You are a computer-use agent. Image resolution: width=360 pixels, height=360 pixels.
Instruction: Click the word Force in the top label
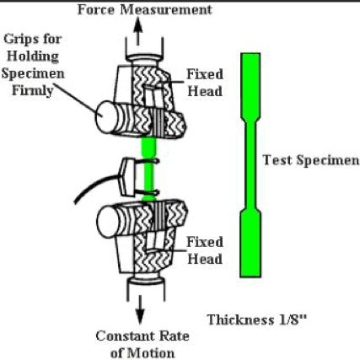pos(96,9)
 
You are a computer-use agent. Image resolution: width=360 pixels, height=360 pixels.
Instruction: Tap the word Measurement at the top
pos(166,9)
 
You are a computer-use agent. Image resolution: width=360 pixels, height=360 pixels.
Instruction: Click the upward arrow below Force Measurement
pos(137,31)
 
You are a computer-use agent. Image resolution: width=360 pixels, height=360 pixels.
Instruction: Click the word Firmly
pos(33,91)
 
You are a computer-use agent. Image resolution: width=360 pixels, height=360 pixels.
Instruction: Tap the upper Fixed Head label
pos(205,83)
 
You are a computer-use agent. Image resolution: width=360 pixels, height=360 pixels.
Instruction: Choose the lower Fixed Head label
pos(205,250)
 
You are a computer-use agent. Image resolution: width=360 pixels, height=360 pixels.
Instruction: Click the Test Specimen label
pos(311,160)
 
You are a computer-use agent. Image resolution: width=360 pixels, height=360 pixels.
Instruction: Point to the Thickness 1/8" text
pos(257,320)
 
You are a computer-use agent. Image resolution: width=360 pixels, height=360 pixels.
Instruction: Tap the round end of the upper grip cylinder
pos(105,117)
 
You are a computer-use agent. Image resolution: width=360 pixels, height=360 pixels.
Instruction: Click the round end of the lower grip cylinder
pos(105,222)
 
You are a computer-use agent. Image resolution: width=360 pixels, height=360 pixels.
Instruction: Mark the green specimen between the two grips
pos(148,169)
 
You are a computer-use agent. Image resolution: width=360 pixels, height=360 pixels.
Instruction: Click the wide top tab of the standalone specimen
pos(250,84)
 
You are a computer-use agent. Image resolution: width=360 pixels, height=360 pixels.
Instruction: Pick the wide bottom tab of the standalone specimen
pos(250,244)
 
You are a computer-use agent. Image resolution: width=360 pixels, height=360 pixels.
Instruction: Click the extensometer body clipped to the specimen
pos(127,177)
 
